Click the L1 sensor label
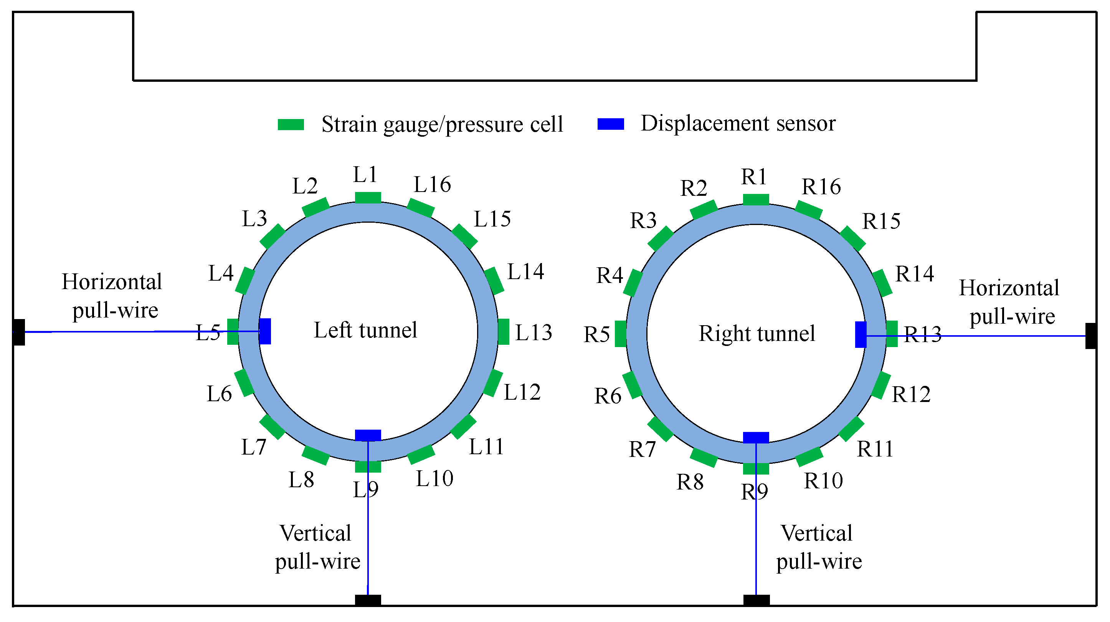(365, 175)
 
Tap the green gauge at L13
(503, 331)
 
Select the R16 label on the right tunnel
(821, 187)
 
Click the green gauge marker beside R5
(621, 334)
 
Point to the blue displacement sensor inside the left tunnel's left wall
(265, 331)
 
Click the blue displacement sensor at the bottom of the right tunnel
(756, 438)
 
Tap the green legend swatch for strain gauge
(291, 124)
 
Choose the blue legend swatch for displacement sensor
(611, 124)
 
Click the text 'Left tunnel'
(365, 330)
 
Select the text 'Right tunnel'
(757, 333)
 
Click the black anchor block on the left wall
(18, 332)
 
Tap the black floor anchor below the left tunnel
(368, 600)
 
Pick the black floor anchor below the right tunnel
(756, 600)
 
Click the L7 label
(253, 447)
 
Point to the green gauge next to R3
(661, 239)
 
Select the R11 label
(875, 449)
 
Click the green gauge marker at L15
(464, 237)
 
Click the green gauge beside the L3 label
(273, 237)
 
